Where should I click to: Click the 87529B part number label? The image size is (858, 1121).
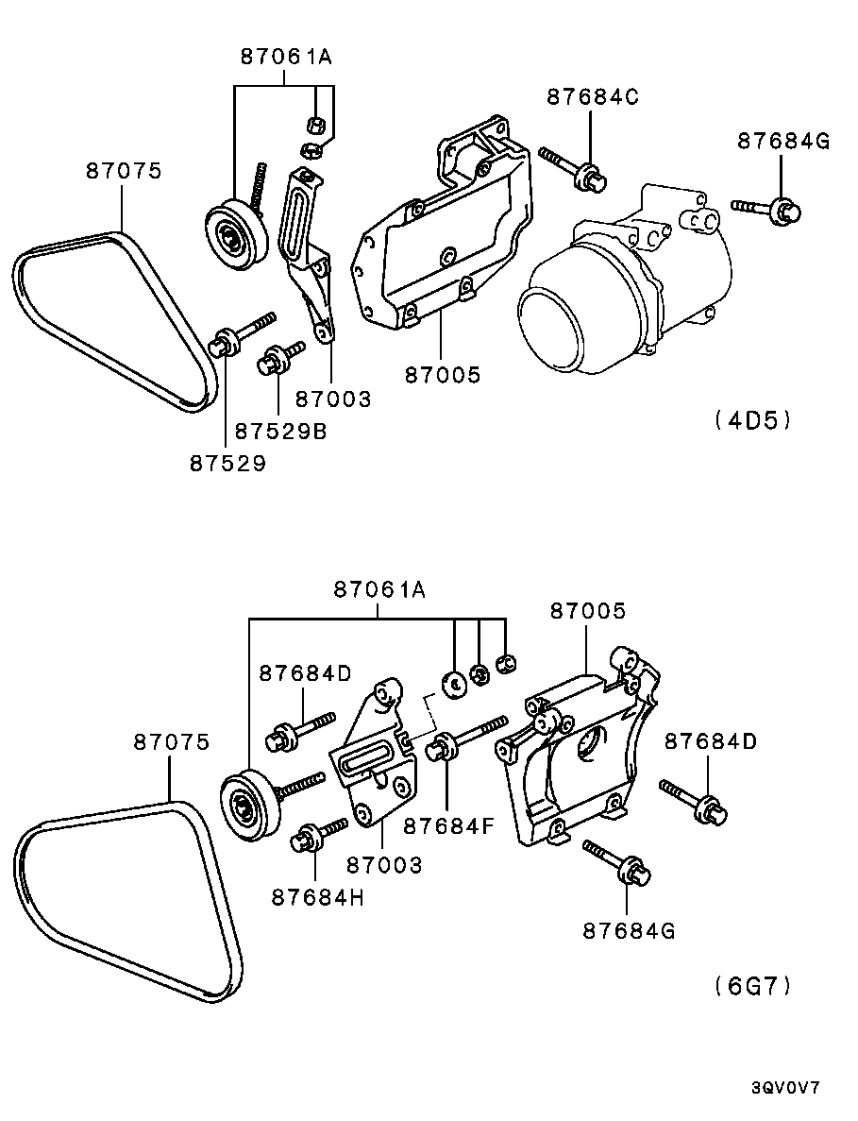(280, 431)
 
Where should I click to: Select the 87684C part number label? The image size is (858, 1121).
(592, 96)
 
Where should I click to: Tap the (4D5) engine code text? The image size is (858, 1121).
(753, 420)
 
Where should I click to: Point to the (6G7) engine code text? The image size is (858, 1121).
(753, 986)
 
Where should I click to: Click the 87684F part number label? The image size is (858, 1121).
(448, 826)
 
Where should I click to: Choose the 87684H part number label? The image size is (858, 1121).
(317, 897)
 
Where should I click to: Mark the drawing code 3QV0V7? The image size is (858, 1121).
(785, 1088)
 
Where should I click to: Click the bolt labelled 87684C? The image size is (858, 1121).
(574, 167)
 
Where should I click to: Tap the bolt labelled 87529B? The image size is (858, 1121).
(280, 358)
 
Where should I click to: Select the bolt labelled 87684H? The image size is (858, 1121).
(319, 834)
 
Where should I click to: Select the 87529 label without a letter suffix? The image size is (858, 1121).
(227, 464)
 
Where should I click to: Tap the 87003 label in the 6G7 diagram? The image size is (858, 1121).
(384, 865)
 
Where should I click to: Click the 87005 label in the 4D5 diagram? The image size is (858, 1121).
(443, 374)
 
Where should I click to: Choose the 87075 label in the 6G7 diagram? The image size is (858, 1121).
(172, 742)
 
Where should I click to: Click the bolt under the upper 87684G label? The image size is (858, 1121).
(765, 209)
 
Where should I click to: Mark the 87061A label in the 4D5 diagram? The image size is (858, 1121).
(286, 57)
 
